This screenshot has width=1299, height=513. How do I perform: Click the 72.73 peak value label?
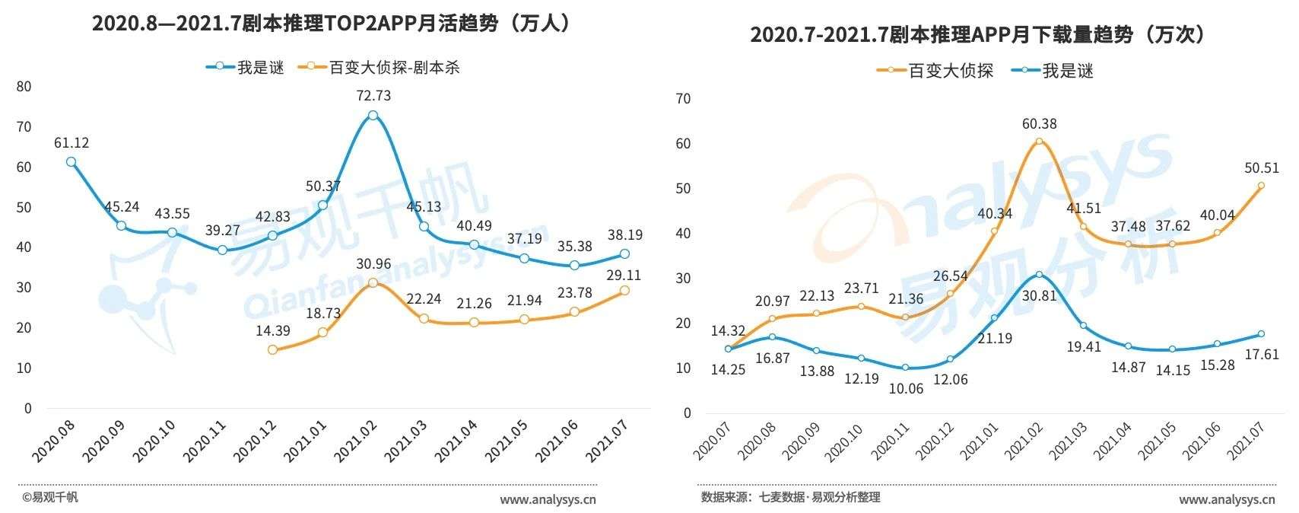click(373, 96)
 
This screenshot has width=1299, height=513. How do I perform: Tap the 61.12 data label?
click(71, 142)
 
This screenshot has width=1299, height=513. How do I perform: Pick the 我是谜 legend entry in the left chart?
click(245, 67)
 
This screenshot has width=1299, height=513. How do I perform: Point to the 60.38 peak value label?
click(1040, 123)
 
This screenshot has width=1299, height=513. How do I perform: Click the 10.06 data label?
click(905, 388)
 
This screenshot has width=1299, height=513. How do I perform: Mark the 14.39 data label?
click(273, 331)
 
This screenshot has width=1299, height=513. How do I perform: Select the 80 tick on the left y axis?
click(24, 87)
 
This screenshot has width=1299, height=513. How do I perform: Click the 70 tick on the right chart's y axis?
click(683, 98)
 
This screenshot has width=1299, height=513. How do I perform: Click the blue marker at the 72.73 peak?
click(373, 116)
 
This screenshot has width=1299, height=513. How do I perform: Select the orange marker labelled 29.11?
click(624, 290)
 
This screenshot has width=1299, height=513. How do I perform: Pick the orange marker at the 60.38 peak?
click(1039, 142)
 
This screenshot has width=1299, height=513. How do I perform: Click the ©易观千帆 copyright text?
click(49, 498)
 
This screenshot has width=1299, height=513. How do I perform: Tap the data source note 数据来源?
click(790, 498)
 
